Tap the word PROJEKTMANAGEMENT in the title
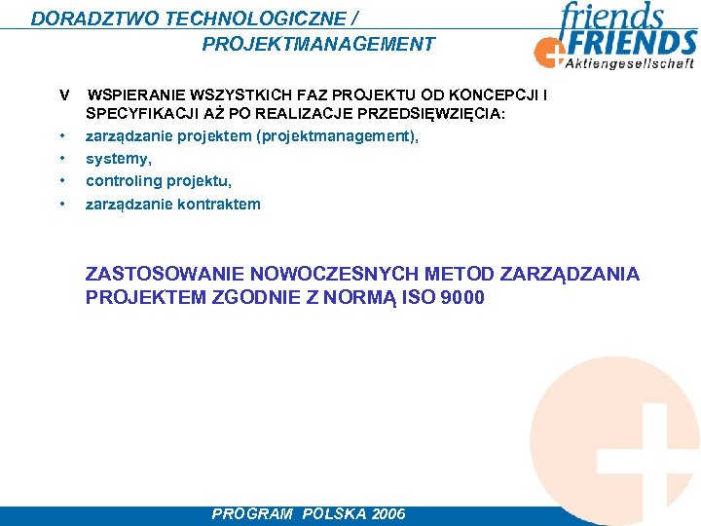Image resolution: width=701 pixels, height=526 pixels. (318, 44)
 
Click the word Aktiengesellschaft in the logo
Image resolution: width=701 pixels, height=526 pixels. (630, 63)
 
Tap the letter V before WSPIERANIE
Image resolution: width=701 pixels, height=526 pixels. (63, 95)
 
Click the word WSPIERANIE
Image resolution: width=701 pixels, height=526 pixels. (137, 95)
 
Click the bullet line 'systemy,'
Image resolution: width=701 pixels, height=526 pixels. (119, 158)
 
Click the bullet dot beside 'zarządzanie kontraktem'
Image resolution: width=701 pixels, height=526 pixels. (62, 205)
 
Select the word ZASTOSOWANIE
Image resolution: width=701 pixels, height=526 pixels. (165, 274)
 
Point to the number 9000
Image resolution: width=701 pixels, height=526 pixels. (461, 297)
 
